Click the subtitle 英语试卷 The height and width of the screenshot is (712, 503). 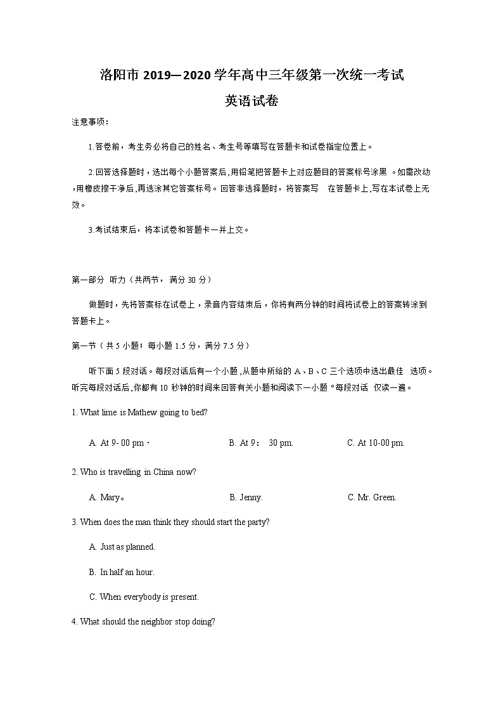click(x=251, y=101)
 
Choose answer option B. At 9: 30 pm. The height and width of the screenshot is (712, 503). click(x=261, y=443)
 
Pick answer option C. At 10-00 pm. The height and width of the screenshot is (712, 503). click(x=376, y=443)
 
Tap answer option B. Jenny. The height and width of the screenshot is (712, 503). click(x=246, y=498)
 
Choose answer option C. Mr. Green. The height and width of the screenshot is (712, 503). click(x=372, y=498)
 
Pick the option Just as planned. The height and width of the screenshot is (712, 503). click(x=122, y=547)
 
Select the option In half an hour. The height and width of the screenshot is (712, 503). click(x=122, y=572)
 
